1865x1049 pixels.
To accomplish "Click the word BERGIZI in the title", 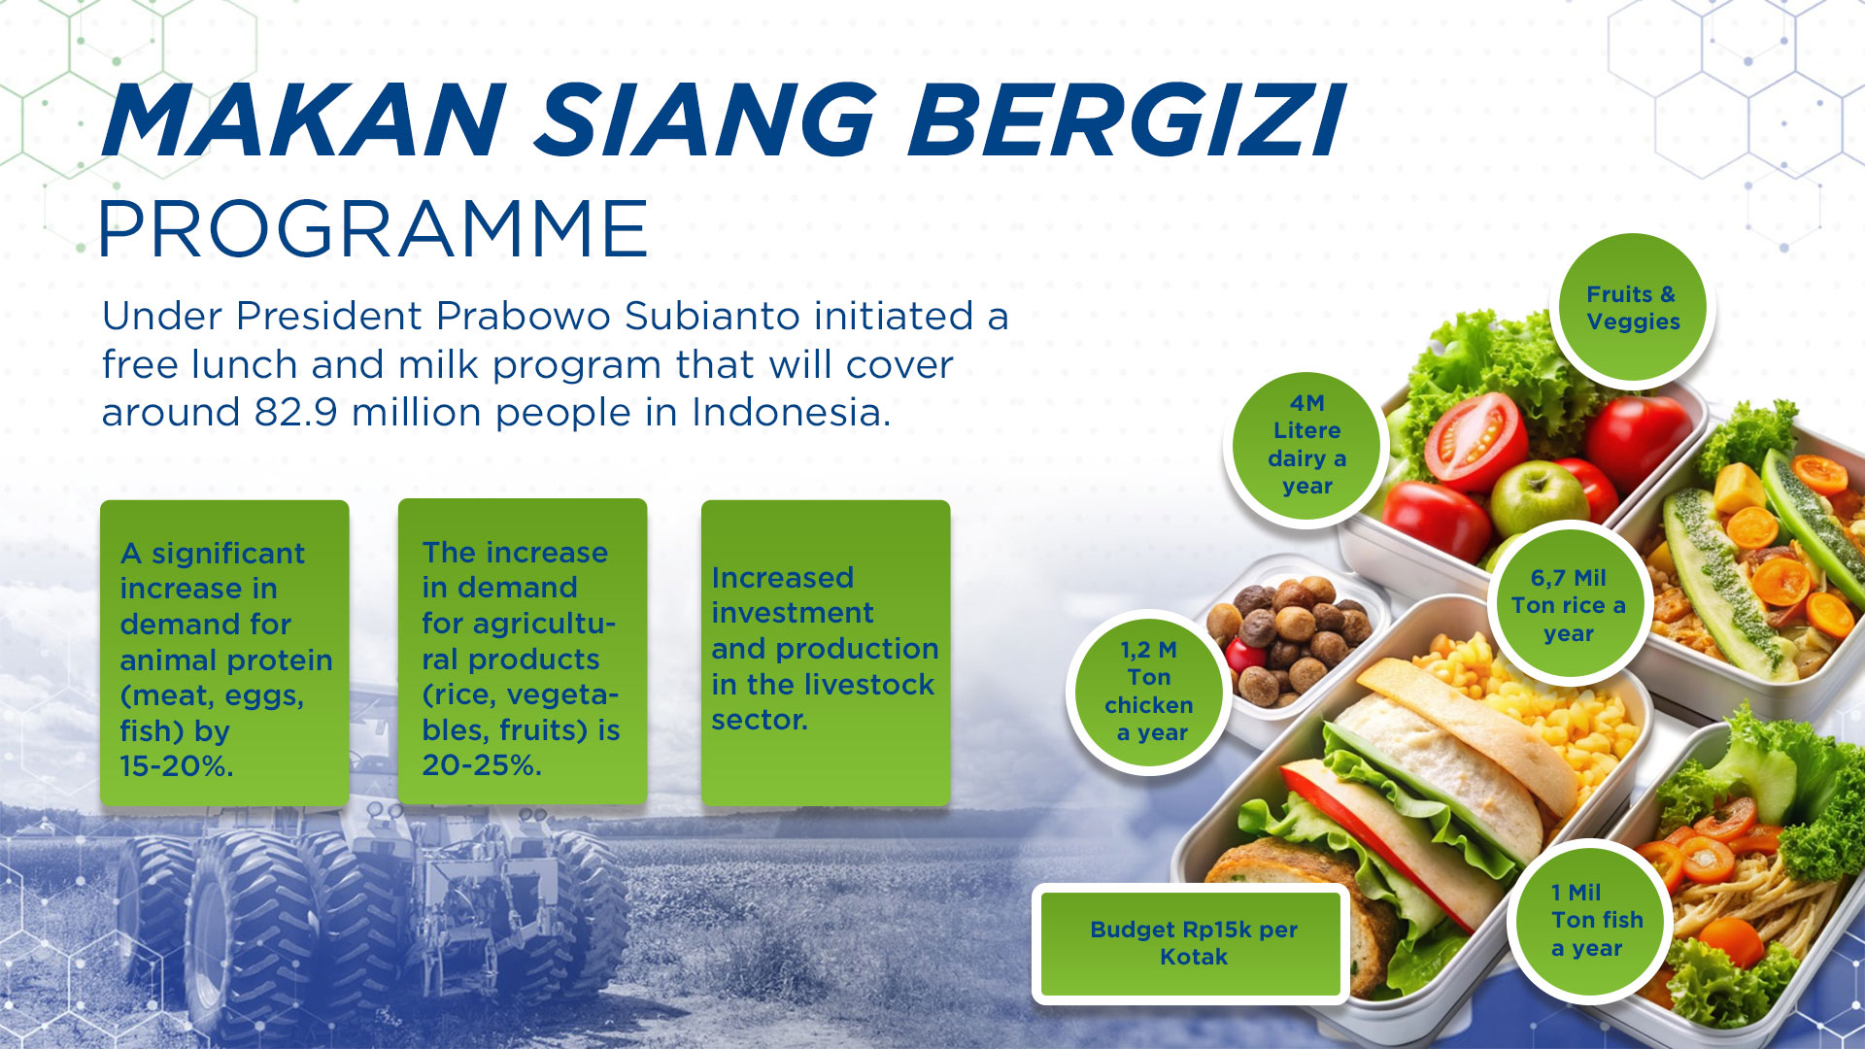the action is point(1125,120).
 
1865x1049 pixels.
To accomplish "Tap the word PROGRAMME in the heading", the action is point(374,229).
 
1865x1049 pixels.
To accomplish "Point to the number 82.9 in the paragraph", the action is point(296,412).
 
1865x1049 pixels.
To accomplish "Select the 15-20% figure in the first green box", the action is point(177,766).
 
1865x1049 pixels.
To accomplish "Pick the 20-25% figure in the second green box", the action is point(482,765).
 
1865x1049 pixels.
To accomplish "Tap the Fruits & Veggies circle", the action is point(1633,308).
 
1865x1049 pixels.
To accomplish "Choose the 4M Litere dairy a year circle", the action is point(1306,446).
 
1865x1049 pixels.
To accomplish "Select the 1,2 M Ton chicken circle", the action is point(1149,693).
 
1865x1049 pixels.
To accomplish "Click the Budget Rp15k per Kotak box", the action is point(1192,943).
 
